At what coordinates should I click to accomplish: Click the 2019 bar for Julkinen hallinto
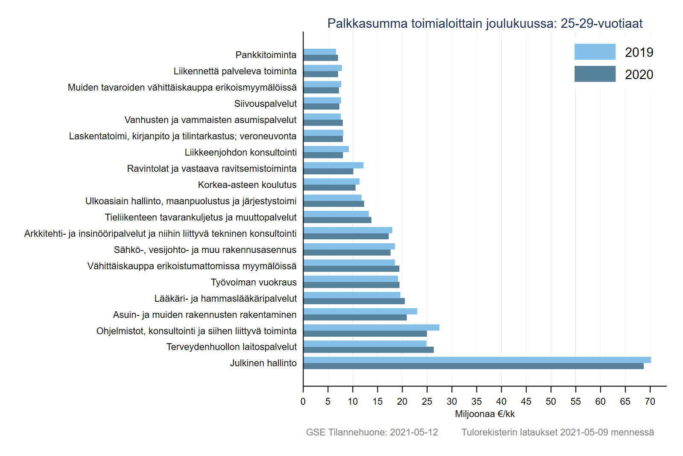point(477,360)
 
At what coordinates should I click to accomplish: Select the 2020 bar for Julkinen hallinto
point(473,366)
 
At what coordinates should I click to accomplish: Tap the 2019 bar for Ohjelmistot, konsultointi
point(371,327)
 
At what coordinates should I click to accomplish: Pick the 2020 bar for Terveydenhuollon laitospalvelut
point(368,350)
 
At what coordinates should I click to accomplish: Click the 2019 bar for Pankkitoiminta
point(320,52)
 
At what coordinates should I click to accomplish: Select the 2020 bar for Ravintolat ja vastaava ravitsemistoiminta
point(328,171)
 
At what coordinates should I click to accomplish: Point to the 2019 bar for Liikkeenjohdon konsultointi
point(326,149)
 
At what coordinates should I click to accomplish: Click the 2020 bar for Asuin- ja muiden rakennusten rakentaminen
point(355,318)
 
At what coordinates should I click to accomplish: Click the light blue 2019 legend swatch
point(595,52)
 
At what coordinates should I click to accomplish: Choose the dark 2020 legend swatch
point(595,74)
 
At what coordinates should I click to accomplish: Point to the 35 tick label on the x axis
point(476,402)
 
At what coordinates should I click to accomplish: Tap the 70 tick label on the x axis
point(650,402)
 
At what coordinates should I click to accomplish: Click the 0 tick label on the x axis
point(303,402)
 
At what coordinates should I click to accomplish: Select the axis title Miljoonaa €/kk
point(485,414)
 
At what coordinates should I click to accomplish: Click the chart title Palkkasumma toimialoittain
point(485,24)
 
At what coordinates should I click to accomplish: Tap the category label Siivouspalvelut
point(265,104)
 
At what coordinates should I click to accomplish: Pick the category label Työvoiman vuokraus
point(254,282)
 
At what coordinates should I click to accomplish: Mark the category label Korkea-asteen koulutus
point(247,185)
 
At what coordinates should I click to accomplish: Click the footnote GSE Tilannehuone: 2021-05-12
point(372,432)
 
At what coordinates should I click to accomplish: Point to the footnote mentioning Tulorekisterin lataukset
point(557,432)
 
